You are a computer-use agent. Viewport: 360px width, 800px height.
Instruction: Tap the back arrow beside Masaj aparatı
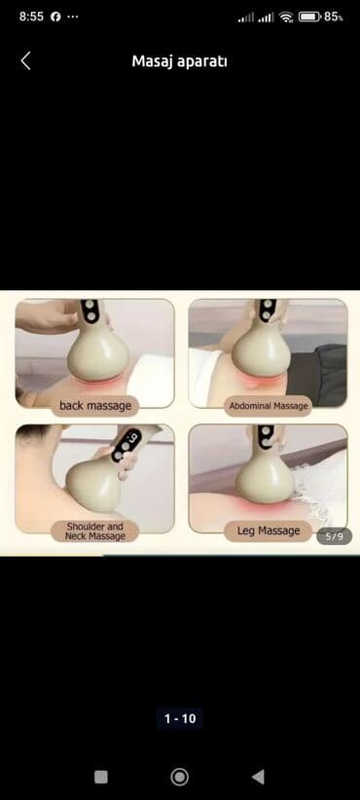coord(25,61)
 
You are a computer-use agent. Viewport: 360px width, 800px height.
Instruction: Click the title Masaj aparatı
coord(179,61)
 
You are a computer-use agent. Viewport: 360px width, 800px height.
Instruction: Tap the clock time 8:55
coord(31,17)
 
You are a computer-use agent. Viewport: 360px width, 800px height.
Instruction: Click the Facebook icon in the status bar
coord(55,17)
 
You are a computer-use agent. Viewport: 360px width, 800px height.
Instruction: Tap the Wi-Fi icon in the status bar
coord(287,17)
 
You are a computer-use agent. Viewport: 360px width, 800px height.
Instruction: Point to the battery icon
coord(309,17)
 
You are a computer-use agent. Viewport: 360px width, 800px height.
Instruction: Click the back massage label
coord(95,406)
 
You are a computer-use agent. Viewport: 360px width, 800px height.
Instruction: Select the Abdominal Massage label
coord(269,406)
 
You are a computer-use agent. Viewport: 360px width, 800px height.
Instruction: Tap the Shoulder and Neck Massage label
coord(94,531)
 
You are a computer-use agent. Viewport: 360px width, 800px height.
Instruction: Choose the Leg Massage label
coord(269,531)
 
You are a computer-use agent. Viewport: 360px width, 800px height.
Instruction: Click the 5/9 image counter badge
coord(335,536)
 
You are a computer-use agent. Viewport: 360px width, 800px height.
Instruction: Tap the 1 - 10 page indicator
coord(180,719)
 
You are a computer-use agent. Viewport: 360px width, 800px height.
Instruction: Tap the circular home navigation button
coord(179,777)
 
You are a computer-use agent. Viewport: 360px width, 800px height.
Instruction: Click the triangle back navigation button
coord(258,777)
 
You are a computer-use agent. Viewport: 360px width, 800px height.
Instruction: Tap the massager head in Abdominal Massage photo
coord(262,352)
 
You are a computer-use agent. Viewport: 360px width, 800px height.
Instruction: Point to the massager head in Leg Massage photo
coord(265,480)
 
